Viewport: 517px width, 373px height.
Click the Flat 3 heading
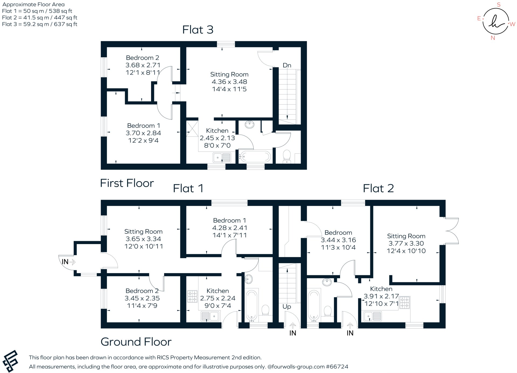click(198, 30)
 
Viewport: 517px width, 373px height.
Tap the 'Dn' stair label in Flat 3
click(287, 65)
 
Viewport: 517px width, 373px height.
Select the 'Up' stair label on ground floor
click(287, 307)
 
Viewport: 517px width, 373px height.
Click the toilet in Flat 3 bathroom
click(287, 156)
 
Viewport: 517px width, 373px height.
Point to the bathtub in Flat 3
click(255, 157)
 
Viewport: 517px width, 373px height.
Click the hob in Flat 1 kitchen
click(192, 296)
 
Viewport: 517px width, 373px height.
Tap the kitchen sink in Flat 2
click(373, 316)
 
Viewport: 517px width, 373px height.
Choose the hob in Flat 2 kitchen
click(404, 302)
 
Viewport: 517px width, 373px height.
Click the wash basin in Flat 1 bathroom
click(249, 279)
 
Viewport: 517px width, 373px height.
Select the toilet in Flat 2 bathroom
click(328, 311)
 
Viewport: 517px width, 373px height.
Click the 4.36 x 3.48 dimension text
click(229, 82)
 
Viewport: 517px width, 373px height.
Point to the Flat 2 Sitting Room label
click(406, 236)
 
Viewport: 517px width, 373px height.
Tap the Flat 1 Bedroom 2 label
click(142, 291)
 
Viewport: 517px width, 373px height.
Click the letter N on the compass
click(493, 38)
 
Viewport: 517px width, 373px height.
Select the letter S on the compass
click(498, 5)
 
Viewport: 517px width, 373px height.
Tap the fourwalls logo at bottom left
click(10, 361)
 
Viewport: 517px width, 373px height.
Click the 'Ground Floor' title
click(136, 342)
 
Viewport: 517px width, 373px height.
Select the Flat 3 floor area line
click(40, 24)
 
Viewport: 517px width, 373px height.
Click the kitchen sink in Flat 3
click(222, 158)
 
